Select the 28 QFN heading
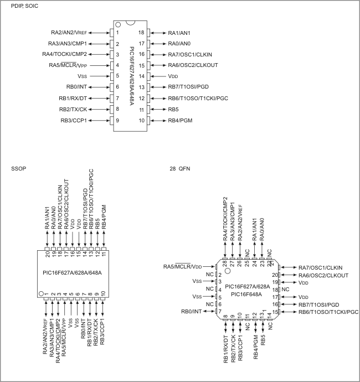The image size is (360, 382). (179, 168)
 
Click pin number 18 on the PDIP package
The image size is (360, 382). (141, 33)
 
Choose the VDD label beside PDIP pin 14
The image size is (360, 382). (173, 76)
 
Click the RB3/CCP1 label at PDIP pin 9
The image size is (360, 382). (74, 120)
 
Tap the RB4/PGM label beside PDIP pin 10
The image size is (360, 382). (181, 120)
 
